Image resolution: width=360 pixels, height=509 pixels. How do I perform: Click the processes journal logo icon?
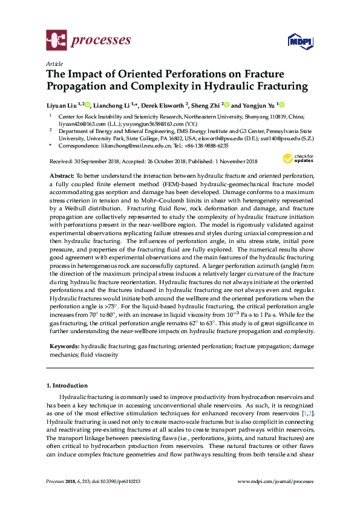pyautogui.click(x=56, y=41)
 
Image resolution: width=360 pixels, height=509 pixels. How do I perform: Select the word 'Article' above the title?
pyautogui.click(x=54, y=63)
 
